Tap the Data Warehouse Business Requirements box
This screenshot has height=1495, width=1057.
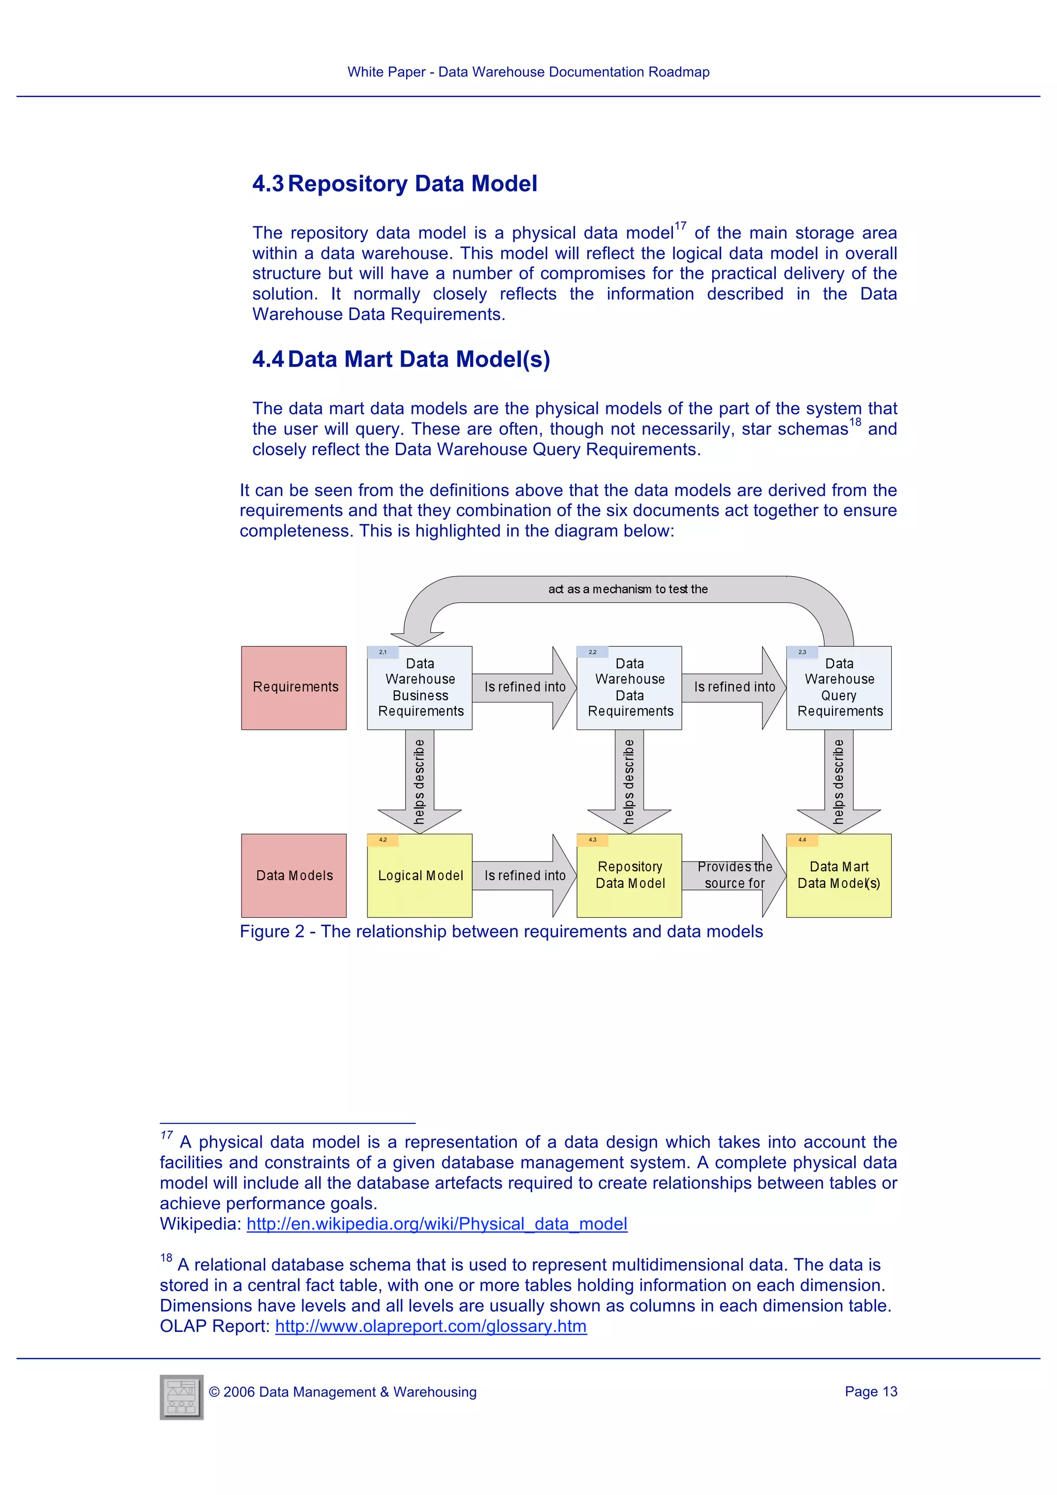[420, 688]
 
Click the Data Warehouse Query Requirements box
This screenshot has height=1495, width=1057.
[839, 688]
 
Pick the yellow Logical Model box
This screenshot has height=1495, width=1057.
[420, 875]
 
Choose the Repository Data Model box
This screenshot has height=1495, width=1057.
[629, 875]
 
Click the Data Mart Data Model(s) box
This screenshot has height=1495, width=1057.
[839, 875]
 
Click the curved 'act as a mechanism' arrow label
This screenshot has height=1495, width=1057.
[628, 589]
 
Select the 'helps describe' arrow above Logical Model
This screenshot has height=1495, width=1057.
[420, 782]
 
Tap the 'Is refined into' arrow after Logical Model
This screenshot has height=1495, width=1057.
[524, 875]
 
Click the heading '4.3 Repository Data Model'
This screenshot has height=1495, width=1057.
[394, 184]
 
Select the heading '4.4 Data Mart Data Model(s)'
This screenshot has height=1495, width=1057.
[401, 359]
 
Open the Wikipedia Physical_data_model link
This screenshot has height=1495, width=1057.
[437, 1223]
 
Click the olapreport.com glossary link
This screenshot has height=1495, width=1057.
[431, 1326]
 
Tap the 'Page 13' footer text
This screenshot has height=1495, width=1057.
[870, 1391]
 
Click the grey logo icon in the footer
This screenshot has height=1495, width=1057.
[182, 1397]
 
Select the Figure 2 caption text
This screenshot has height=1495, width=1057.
[501, 931]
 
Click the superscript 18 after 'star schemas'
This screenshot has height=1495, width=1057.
[855, 422]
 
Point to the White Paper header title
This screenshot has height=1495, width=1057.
[528, 72]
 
